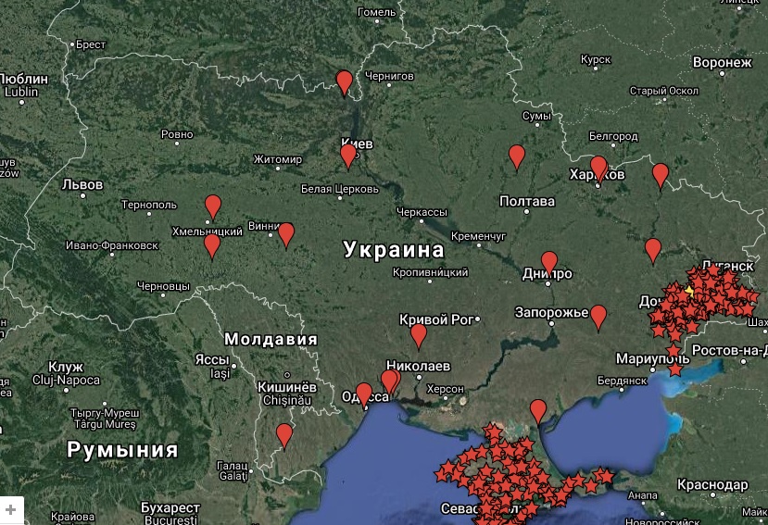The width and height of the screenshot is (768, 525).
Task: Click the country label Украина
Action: (x=394, y=250)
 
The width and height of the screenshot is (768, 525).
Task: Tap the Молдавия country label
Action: (x=271, y=339)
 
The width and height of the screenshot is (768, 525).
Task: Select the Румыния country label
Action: (x=122, y=451)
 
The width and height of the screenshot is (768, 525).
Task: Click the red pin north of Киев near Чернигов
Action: (x=345, y=82)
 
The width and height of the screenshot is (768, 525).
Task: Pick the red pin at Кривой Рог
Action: (x=419, y=335)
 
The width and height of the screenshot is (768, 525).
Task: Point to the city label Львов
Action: (x=82, y=185)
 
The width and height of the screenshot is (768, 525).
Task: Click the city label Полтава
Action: (x=527, y=202)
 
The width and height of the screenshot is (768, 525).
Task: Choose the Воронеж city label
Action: (x=722, y=63)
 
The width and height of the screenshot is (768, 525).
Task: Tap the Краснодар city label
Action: (x=712, y=485)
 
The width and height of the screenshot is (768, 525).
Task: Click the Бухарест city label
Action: (x=170, y=508)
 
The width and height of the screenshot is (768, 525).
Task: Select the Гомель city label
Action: (x=377, y=12)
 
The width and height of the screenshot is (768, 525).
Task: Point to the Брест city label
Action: (x=91, y=44)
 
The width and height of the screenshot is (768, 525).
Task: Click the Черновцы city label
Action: (x=162, y=287)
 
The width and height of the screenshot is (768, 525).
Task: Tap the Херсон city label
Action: (x=446, y=390)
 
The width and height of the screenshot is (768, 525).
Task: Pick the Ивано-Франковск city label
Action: (x=112, y=245)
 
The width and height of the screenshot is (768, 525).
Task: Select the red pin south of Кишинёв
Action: (x=284, y=434)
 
